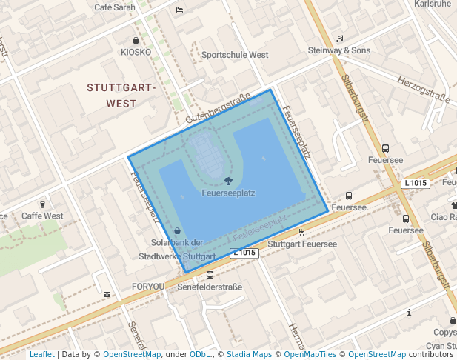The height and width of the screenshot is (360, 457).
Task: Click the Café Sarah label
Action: pyautogui.click(x=115, y=7)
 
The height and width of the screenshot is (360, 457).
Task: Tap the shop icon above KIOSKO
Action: pyautogui.click(x=136, y=40)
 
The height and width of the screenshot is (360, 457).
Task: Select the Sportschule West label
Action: pyautogui.click(x=235, y=55)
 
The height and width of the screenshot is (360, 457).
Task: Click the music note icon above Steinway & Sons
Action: pyautogui.click(x=339, y=38)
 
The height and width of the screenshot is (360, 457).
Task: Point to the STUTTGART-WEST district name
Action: pyautogui.click(x=121, y=96)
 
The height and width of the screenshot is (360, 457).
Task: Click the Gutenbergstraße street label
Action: pyautogui.click(x=218, y=113)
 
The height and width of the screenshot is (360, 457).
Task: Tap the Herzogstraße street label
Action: pyautogui.click(x=424, y=90)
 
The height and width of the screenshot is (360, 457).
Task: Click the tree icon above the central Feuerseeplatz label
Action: pyautogui.click(x=228, y=181)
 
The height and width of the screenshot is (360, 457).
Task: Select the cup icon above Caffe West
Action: pyautogui.click(x=42, y=204)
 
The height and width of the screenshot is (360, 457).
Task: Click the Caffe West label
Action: pyautogui.click(x=42, y=216)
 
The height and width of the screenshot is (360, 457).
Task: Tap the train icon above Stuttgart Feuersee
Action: pyautogui.click(x=301, y=232)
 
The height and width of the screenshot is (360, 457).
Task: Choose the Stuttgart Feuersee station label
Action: pyautogui.click(x=301, y=244)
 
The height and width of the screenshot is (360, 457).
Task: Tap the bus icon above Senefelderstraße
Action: pyautogui.click(x=210, y=275)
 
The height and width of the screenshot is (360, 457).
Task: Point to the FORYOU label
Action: pyautogui.click(x=148, y=287)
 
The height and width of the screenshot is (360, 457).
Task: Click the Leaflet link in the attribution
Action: pyautogui.click(x=41, y=354)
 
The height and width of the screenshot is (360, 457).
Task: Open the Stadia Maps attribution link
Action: pyautogui.click(x=249, y=354)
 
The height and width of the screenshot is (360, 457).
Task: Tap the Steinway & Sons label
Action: pyautogui.click(x=339, y=50)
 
